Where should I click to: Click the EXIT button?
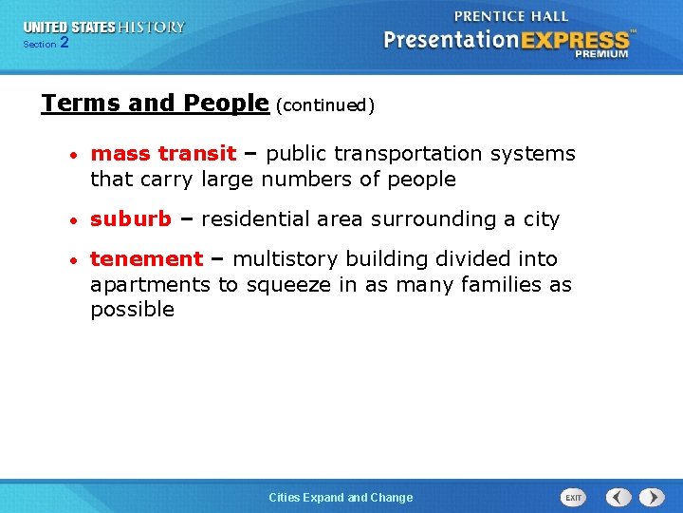[x=574, y=497]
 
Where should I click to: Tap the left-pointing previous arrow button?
[x=618, y=497]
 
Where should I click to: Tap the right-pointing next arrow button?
[x=652, y=497]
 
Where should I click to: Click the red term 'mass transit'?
[x=163, y=154]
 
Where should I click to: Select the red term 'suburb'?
[x=130, y=219]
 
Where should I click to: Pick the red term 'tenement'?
[x=146, y=259]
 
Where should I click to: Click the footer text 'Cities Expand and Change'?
[x=341, y=498]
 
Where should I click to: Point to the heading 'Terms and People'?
[x=155, y=103]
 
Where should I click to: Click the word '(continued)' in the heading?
[x=325, y=105]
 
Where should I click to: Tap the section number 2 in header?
[x=64, y=43]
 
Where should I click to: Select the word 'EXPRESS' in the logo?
[x=573, y=40]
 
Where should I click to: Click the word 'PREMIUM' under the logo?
[x=600, y=54]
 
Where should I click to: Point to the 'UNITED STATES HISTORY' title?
[x=104, y=28]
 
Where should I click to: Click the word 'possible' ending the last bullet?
[x=132, y=310]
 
